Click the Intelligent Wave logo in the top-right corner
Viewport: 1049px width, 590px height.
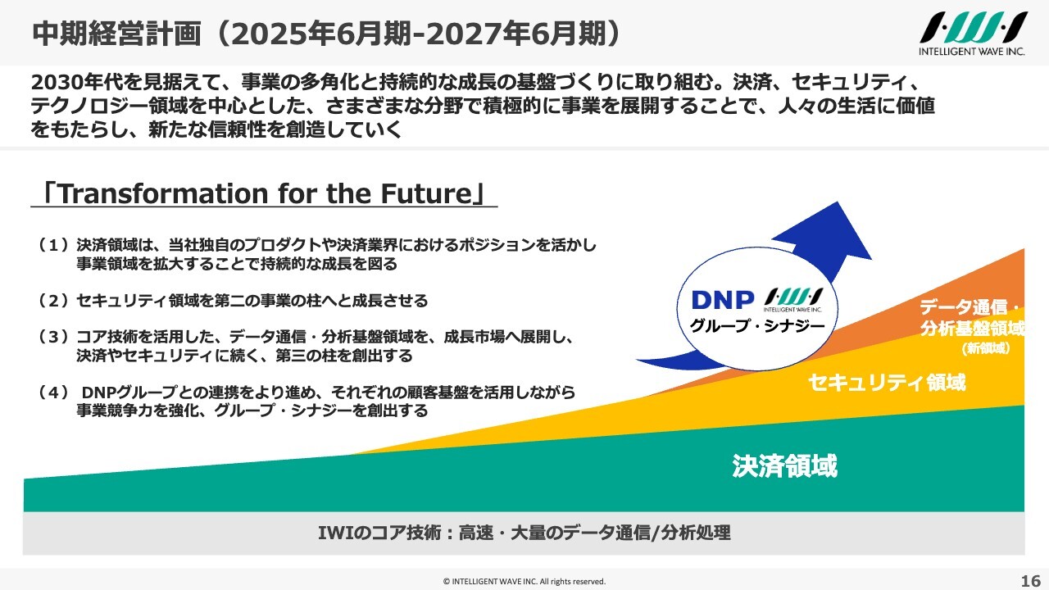point(974,34)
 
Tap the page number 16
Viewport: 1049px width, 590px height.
point(1030,581)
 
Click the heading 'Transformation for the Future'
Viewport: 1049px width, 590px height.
point(264,193)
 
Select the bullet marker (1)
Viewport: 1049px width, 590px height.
point(54,245)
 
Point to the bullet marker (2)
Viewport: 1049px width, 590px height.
point(54,301)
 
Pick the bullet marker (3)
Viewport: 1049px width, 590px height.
point(54,337)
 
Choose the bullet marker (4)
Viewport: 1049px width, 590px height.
point(54,392)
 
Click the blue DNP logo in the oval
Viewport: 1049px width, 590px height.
point(723,300)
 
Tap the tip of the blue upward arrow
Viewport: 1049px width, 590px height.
point(838,202)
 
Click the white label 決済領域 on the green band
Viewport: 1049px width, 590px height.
point(785,466)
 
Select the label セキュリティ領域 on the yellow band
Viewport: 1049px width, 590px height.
point(887,383)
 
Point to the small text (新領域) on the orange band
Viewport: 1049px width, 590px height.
point(986,348)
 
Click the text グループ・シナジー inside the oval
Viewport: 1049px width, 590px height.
point(757,326)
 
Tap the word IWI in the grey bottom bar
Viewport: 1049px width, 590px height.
point(334,533)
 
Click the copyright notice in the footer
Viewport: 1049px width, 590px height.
point(524,582)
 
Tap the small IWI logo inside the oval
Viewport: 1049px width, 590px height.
point(792,300)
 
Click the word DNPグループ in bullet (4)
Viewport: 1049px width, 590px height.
point(129,392)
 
